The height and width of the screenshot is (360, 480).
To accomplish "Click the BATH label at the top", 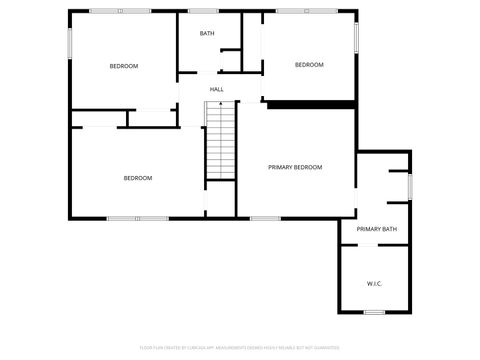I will click(x=207, y=34).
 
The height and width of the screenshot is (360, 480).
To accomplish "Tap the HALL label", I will click(x=216, y=90).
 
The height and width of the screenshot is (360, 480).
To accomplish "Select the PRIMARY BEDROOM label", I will click(x=295, y=167).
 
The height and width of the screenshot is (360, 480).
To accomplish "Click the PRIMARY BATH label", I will click(x=376, y=229).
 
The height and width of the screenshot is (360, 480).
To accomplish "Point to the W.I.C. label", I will click(x=374, y=283).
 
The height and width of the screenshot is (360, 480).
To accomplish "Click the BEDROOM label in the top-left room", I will click(x=123, y=66).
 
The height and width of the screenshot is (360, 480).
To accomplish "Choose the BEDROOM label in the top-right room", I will click(x=309, y=65).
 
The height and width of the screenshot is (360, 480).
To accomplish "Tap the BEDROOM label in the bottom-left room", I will click(x=137, y=178).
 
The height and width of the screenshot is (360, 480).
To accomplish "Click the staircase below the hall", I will click(x=219, y=141).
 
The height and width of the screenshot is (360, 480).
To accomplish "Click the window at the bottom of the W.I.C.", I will click(x=374, y=313).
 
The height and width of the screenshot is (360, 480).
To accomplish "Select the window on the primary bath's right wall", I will click(x=410, y=185).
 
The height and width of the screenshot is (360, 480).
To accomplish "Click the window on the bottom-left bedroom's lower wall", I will click(x=138, y=218).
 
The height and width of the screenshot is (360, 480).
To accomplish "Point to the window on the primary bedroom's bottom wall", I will click(x=265, y=218).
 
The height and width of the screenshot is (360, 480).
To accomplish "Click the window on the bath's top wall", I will click(x=203, y=11).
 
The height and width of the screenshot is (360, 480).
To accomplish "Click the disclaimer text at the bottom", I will click(x=240, y=347).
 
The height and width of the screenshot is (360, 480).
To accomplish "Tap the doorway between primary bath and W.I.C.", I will click(x=373, y=244).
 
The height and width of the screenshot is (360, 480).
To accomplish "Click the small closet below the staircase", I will click(x=219, y=199).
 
